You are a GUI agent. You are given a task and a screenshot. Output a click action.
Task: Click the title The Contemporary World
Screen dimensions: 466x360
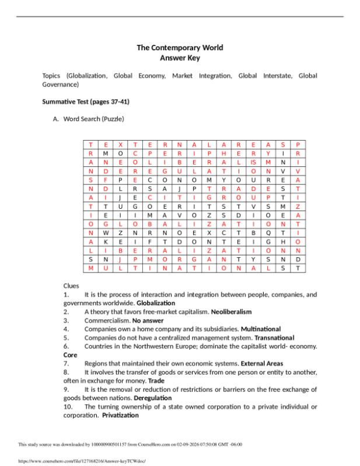[x=180, y=48]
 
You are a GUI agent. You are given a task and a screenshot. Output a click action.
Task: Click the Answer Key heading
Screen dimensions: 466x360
[x=180, y=58]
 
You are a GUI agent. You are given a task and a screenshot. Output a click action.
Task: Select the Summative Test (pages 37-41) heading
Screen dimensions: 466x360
[x=86, y=101]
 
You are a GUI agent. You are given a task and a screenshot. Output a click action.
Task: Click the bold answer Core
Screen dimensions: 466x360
[x=70, y=355]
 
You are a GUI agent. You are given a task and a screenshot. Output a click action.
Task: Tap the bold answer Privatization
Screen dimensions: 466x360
[x=120, y=415]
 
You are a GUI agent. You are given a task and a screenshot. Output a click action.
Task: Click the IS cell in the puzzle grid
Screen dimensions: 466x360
[x=253, y=162]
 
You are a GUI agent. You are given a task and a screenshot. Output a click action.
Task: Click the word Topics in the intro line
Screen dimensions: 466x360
[x=53, y=76]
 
